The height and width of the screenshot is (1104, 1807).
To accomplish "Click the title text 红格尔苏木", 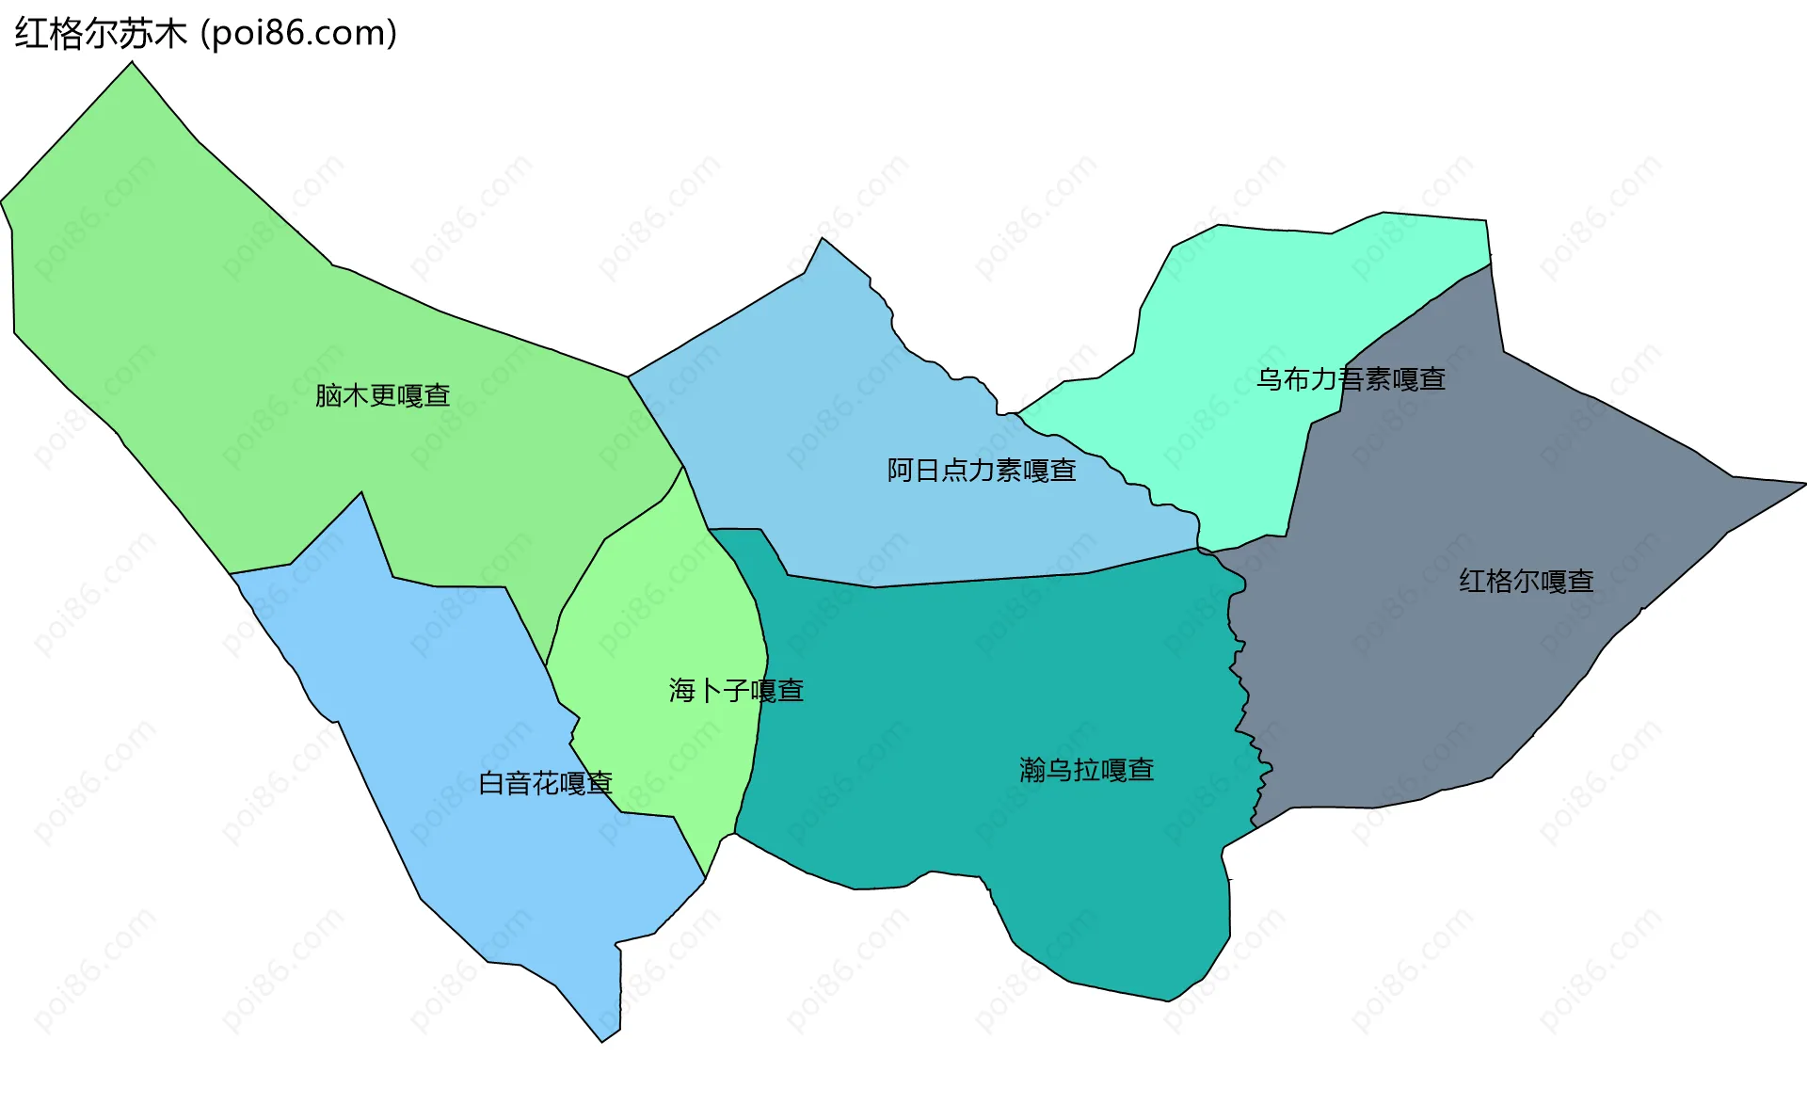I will [101, 34].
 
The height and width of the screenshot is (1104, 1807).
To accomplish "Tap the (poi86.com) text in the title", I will [299, 34].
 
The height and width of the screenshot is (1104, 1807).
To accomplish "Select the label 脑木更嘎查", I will [382, 395].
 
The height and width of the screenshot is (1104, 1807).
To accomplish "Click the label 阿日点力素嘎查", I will [981, 470].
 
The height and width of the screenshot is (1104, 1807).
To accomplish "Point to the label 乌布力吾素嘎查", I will [1351, 379].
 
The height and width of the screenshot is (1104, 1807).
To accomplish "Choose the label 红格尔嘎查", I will [1526, 581].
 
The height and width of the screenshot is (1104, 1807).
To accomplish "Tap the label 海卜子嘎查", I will [736, 691].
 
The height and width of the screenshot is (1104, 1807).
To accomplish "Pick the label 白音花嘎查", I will [545, 783].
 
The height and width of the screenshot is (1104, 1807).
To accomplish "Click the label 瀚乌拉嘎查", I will [1086, 770].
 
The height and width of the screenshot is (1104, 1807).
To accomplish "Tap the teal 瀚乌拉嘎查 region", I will [988, 678].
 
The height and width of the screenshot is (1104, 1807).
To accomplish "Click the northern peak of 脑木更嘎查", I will [132, 63].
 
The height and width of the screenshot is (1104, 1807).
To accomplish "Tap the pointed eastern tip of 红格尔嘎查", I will [1802, 484].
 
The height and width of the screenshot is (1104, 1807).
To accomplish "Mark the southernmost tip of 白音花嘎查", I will [602, 1040].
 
